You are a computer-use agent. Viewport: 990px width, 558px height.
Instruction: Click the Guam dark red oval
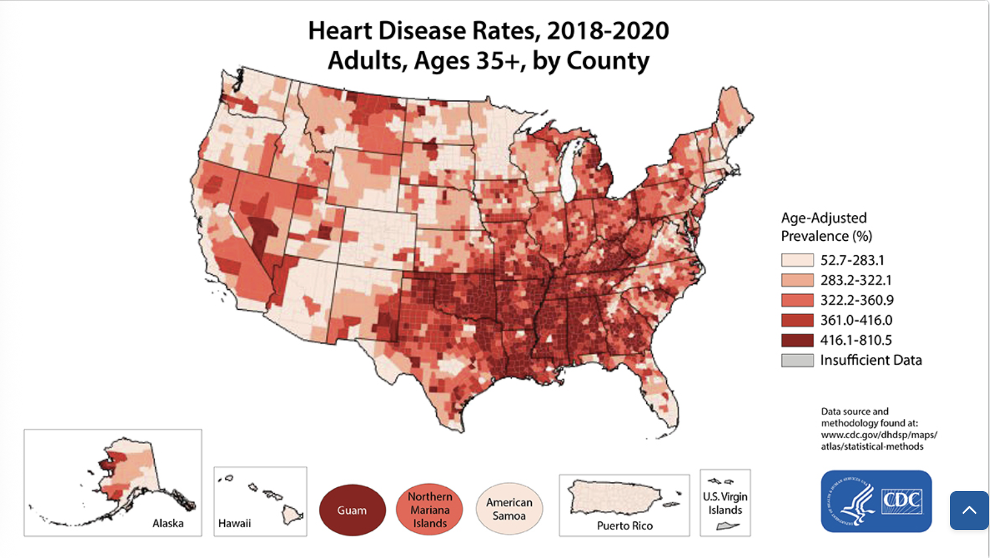tap(352, 510)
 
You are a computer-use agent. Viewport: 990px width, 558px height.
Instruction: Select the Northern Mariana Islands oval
tap(430, 509)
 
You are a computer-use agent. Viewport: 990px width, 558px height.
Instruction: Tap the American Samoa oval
tap(509, 508)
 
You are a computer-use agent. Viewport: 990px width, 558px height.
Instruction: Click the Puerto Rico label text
tap(625, 526)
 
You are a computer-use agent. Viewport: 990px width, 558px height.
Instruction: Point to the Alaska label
tap(168, 523)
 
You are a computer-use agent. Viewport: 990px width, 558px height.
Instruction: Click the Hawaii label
tap(235, 523)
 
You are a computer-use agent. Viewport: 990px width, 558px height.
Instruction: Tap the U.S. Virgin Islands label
tap(725, 503)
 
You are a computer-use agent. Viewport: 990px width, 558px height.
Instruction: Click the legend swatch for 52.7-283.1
tap(797, 260)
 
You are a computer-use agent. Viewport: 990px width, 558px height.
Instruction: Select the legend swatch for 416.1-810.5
tap(797, 340)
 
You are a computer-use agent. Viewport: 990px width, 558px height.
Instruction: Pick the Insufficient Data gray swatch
tap(797, 360)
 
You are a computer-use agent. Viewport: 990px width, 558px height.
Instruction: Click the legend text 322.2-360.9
tap(857, 300)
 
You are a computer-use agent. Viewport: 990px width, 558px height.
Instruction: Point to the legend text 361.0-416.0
tap(857, 320)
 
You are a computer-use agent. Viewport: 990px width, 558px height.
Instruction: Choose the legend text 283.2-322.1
tap(857, 280)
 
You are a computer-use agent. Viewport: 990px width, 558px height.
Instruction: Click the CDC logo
tap(876, 501)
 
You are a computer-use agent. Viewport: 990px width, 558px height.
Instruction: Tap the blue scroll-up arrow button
tap(969, 510)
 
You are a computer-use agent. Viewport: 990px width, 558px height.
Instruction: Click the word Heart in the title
tap(340, 31)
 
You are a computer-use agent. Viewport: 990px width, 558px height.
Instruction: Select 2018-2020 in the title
tap(608, 31)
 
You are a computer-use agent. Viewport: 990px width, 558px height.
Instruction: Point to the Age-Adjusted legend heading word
tap(824, 218)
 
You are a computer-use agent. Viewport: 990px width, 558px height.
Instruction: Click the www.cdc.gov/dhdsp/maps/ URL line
tap(879, 435)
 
